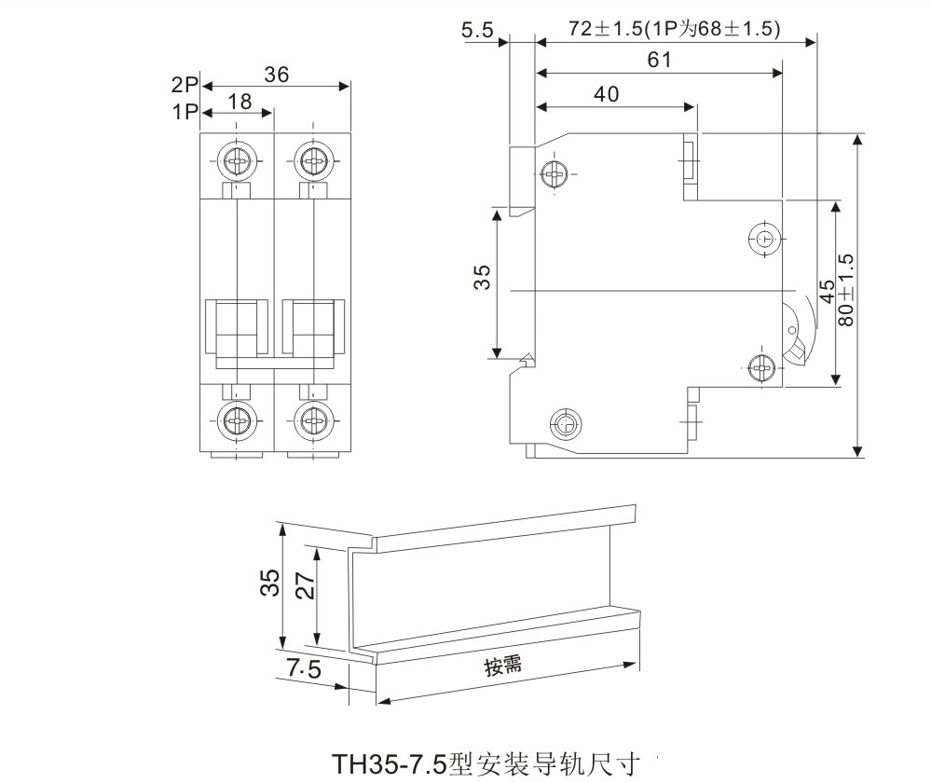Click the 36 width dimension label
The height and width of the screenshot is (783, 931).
point(276,76)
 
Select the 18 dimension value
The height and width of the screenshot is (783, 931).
point(240,102)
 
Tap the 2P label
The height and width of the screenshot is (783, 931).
point(185,84)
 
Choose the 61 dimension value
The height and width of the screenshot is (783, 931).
point(659,61)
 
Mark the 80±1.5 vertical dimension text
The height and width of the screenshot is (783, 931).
point(846,289)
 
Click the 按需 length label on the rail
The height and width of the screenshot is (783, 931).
point(502,666)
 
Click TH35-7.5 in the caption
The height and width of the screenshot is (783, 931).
point(390,763)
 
